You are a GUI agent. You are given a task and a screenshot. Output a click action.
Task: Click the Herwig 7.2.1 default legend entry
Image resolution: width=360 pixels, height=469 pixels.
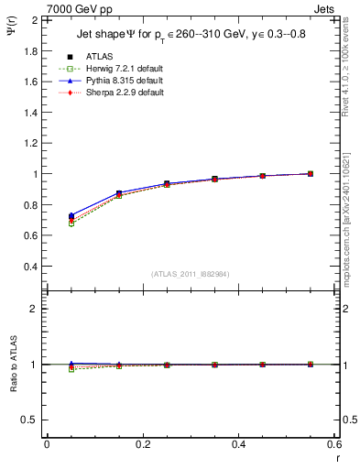[108, 69]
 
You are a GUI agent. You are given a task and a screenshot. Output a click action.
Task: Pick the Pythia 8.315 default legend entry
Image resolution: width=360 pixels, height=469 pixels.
[108, 81]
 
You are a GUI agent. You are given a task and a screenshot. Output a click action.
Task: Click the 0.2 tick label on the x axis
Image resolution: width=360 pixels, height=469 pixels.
[142, 444]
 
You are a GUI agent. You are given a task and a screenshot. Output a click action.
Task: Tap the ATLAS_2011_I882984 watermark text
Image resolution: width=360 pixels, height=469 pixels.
[190, 274]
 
